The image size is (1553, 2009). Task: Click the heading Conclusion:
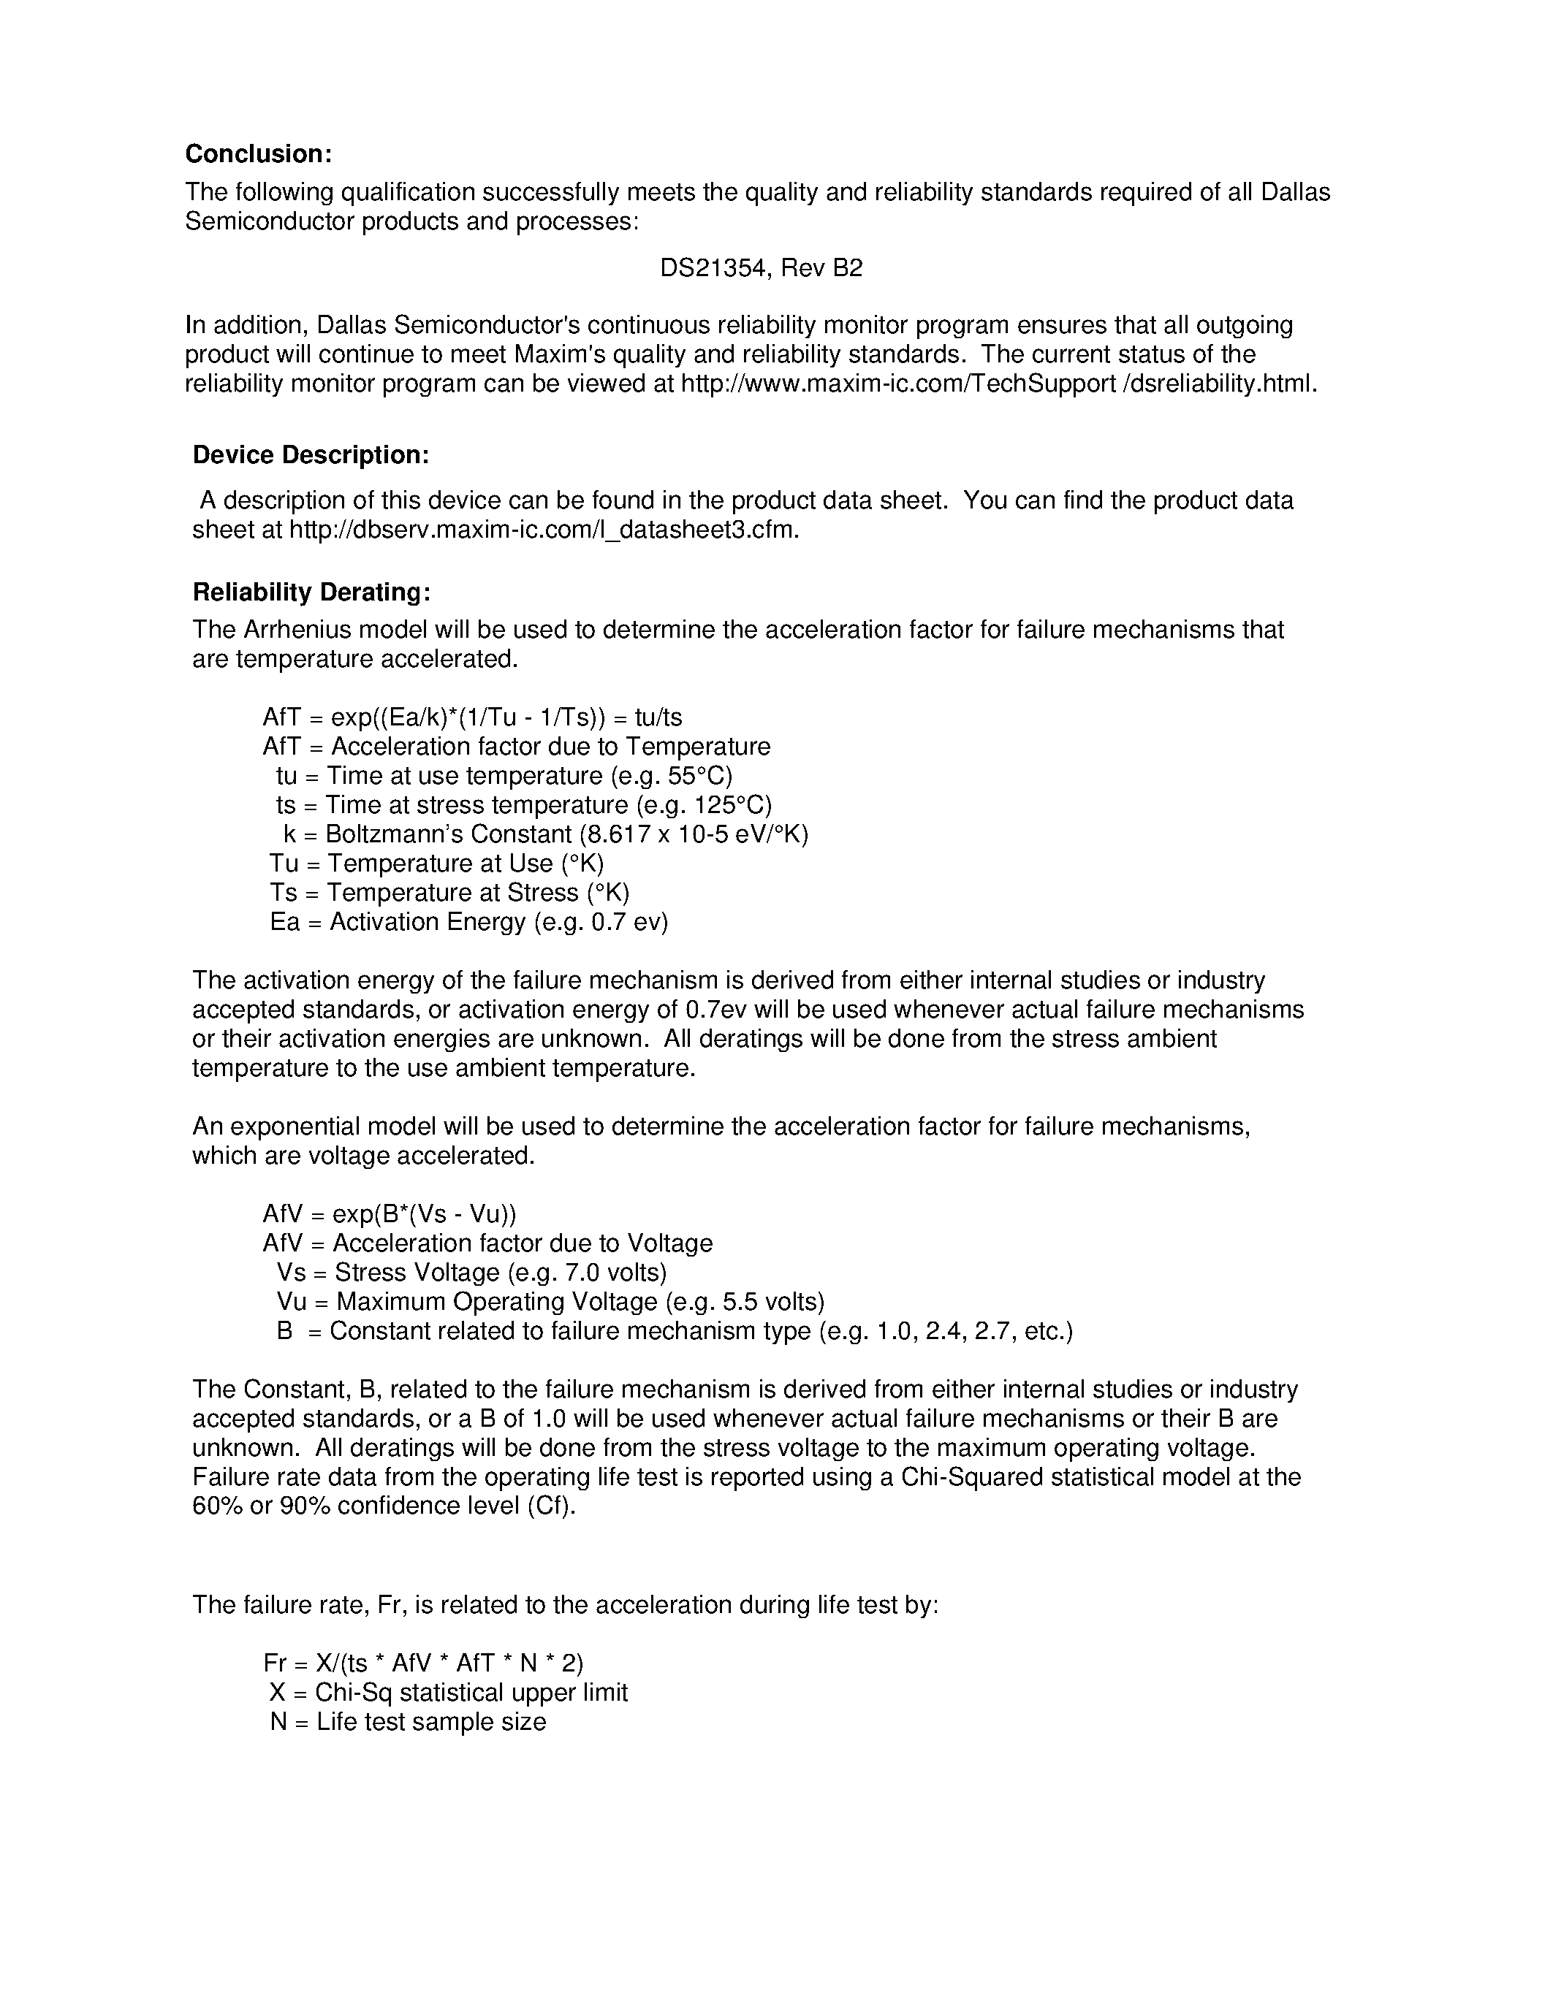[259, 153]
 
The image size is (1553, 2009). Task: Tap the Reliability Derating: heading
[311, 592]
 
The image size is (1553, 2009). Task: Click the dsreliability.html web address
[999, 384]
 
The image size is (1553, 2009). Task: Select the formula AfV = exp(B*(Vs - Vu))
[390, 1214]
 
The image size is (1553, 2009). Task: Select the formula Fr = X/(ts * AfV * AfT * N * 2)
[423, 1663]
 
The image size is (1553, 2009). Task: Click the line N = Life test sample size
[408, 1722]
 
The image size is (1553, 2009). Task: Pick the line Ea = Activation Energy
[468, 922]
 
